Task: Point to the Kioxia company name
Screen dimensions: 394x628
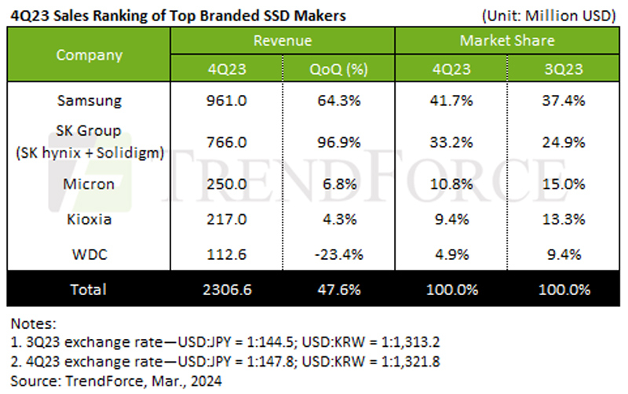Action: pos(89,221)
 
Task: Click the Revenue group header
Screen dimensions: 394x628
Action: pos(283,40)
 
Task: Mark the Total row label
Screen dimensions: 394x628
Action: pos(89,289)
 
